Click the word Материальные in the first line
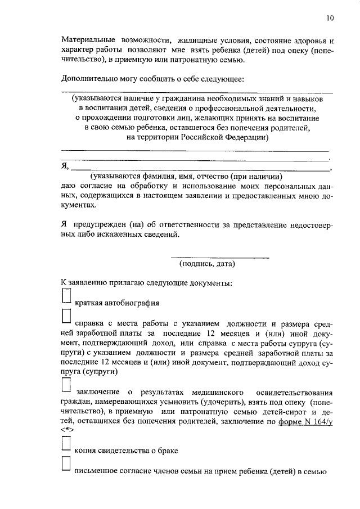[x=87, y=41]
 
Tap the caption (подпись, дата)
[x=207, y=263]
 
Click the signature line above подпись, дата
[x=220, y=257]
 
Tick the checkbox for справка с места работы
[x=66, y=317]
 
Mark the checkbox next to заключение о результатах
[x=66, y=384]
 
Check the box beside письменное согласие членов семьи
[x=66, y=465]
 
